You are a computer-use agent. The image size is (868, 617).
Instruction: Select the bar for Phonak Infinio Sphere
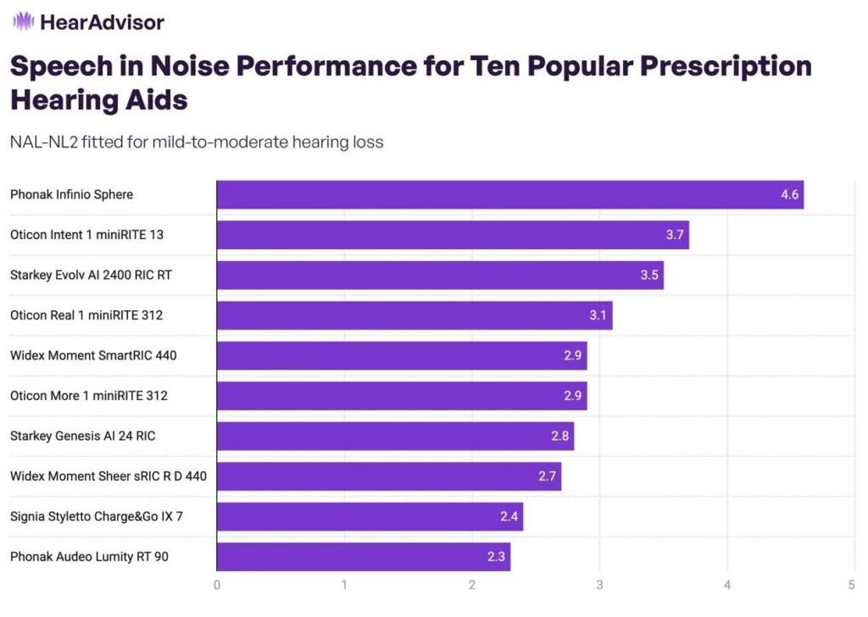[509, 194]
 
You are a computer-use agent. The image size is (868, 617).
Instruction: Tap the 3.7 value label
[675, 235]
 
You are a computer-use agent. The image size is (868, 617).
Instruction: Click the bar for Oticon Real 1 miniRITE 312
[414, 315]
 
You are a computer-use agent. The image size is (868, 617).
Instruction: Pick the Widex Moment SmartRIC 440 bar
[401, 355]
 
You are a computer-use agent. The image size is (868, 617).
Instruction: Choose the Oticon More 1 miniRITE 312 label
[88, 396]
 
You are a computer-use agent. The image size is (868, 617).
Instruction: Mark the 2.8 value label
[560, 436]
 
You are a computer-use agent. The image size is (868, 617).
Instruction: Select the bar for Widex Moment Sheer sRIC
[388, 476]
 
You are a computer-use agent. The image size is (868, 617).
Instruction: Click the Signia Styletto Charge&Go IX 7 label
[96, 516]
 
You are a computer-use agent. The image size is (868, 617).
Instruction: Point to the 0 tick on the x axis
[217, 584]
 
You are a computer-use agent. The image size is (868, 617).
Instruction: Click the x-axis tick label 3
[599, 584]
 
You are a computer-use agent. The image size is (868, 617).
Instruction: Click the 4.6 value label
[790, 195]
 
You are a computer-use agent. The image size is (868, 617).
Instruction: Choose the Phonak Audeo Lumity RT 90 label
[88, 557]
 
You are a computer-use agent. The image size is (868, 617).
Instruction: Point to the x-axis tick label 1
[344, 584]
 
